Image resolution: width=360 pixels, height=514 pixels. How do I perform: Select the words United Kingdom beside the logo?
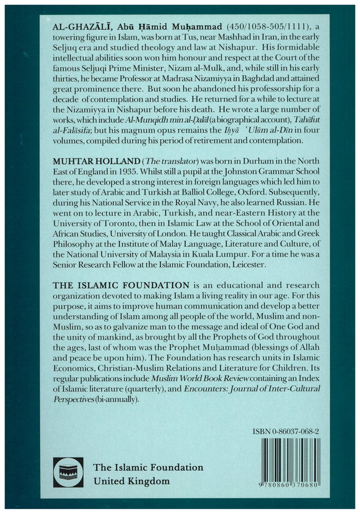[131, 481]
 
